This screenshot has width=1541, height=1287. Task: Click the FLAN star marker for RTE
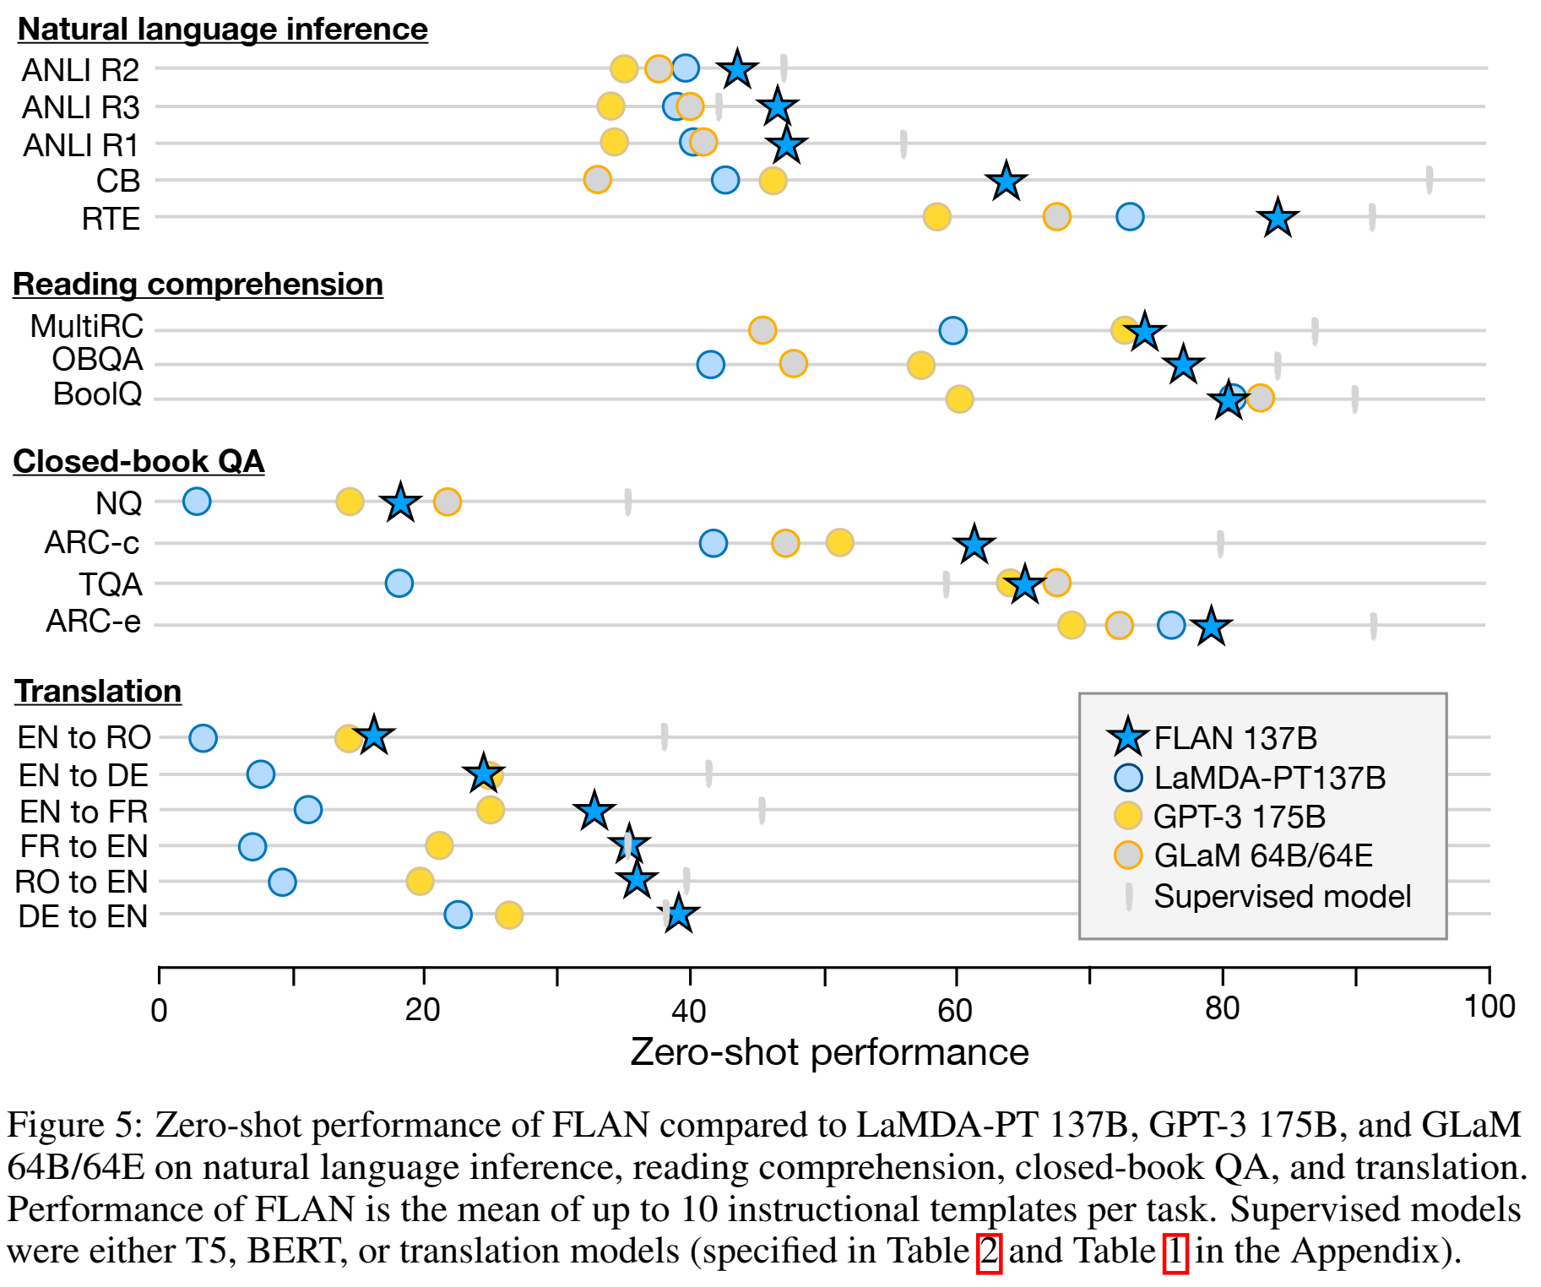1278,218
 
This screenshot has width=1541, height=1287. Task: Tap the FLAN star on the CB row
1006,181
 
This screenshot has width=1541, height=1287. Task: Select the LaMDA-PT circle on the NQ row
197,501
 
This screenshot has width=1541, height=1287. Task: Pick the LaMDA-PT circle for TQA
399,583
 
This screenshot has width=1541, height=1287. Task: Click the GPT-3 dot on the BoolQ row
959,399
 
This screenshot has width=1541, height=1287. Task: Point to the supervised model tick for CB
1429,180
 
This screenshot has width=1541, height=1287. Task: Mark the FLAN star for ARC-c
974,544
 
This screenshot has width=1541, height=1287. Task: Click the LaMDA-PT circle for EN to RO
203,737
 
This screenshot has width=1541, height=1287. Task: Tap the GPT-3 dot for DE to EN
509,915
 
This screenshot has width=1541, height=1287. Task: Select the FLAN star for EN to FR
594,811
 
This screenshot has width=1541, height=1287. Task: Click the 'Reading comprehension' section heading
198,285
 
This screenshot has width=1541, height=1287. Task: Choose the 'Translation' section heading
98,691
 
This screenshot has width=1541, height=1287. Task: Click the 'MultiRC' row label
87,326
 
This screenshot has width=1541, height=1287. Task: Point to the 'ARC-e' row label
94,622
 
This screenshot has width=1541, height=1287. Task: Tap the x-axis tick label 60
955,1009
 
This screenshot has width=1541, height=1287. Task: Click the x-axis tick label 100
1489,1007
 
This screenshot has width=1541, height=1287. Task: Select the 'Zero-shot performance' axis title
829,1052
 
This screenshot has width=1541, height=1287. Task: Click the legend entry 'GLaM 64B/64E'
1262,855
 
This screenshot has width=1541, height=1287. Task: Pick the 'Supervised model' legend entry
1282,896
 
